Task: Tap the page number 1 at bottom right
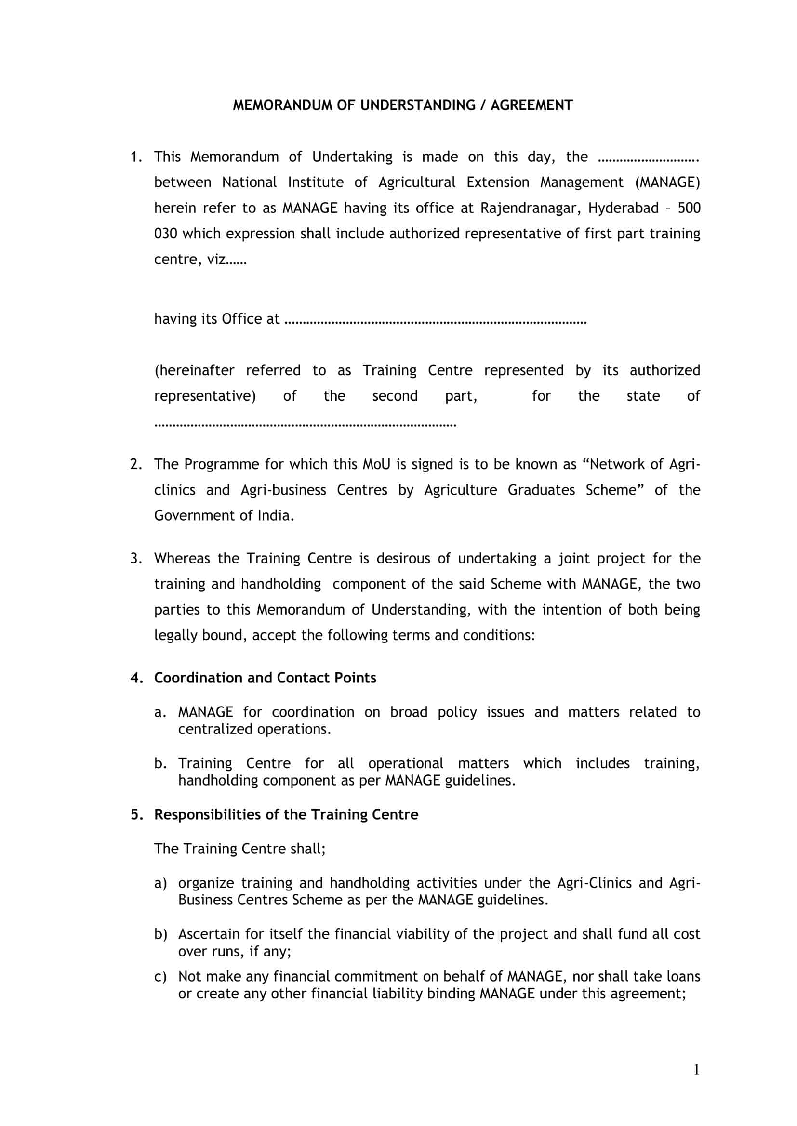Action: coord(696,1070)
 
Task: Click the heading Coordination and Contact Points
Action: coord(265,678)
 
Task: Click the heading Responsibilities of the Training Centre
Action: coord(286,814)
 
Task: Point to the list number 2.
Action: coord(136,464)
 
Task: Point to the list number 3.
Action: coord(136,558)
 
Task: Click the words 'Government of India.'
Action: coord(224,515)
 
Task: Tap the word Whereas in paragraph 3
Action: coord(183,558)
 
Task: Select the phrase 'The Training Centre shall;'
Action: coord(240,849)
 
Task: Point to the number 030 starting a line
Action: coord(165,234)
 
